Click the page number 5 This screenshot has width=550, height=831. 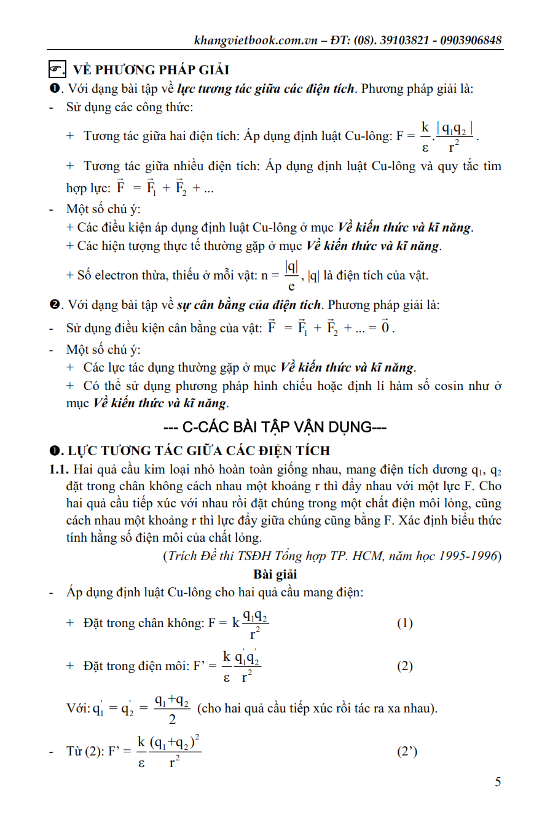(498, 782)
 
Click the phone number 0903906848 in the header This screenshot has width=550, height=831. (469, 41)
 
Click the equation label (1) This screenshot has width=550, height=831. (404, 623)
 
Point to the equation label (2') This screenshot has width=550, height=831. (407, 751)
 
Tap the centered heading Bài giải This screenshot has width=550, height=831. (275, 575)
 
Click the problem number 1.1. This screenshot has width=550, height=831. (60, 470)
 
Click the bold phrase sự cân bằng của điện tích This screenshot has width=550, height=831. (249, 305)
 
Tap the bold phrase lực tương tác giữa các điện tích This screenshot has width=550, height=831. (265, 88)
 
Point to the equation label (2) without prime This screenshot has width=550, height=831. (404, 666)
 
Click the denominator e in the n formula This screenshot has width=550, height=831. (291, 286)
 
